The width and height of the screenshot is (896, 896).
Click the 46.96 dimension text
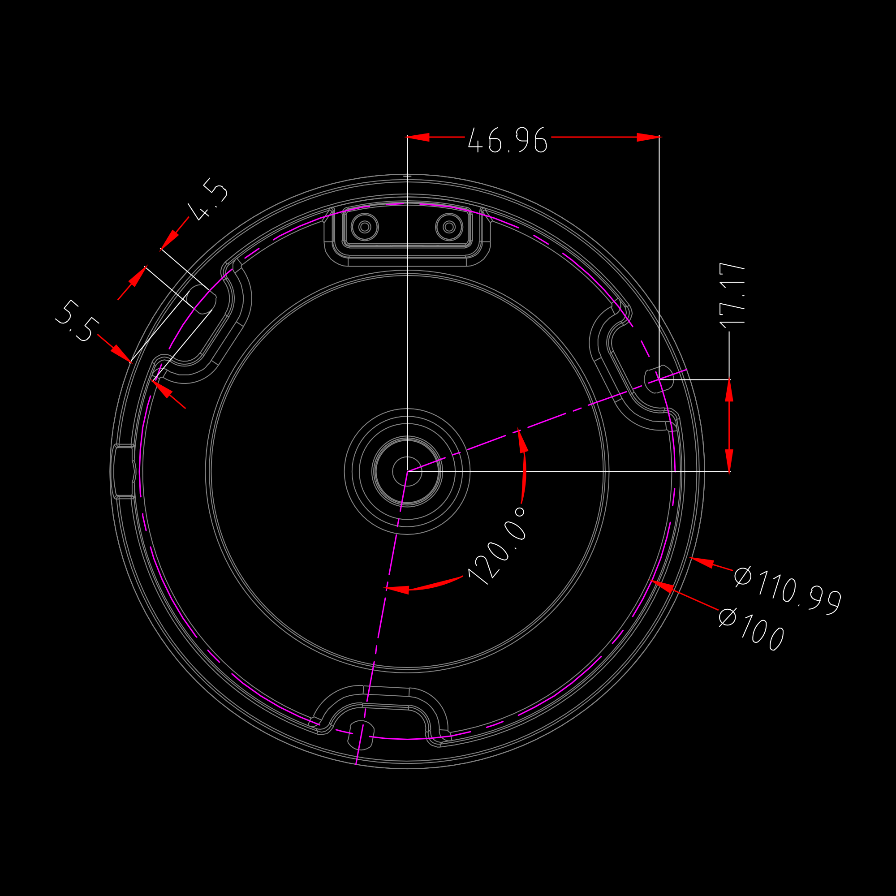[508, 140]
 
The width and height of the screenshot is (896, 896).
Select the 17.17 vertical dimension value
[732, 295]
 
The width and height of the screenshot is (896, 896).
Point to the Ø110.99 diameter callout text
[788, 590]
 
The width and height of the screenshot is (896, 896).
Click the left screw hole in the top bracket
[365, 227]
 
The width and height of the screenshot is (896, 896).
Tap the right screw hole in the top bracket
[449, 227]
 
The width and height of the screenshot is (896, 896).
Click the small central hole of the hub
[407, 472]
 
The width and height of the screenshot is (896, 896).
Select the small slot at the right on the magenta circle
[659, 379]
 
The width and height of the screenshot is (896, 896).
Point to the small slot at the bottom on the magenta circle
[361, 735]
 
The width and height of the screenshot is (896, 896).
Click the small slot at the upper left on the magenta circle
[202, 299]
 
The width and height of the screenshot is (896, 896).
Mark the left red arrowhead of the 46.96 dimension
[418, 137]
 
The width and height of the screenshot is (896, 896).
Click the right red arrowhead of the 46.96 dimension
[648, 137]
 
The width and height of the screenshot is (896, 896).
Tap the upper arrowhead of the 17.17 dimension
[729, 391]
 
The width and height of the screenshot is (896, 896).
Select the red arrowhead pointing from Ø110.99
[701, 562]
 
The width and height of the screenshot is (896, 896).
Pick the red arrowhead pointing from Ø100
[661, 586]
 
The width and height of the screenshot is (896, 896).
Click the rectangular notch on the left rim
[124, 471]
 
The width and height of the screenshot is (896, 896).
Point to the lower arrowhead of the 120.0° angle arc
[396, 590]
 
